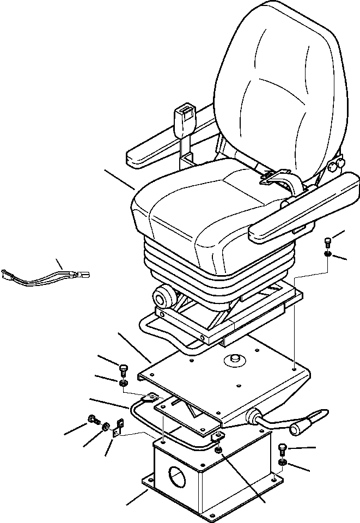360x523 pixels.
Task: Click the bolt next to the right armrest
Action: (327, 242)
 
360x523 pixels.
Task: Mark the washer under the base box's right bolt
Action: (282, 463)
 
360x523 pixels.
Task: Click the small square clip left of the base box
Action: (117, 433)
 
